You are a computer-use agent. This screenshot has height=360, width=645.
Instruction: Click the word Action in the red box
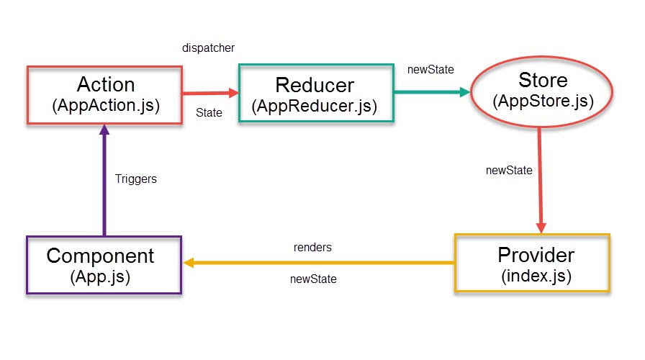click(x=105, y=85)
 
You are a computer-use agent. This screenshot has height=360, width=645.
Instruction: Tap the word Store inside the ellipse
click(x=542, y=79)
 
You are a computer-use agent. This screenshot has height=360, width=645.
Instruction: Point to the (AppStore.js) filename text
click(x=542, y=101)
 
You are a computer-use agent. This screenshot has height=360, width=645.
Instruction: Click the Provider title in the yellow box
click(x=536, y=255)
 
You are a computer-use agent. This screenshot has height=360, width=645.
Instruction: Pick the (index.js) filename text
click(x=536, y=276)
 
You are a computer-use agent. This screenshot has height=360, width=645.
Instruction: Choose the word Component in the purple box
click(x=100, y=256)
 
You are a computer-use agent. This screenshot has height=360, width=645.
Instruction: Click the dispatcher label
click(x=209, y=48)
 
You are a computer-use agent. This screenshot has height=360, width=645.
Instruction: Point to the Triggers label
click(x=135, y=179)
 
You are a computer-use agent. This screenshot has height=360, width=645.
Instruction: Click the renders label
click(x=312, y=247)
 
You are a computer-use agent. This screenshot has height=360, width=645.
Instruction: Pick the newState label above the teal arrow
click(x=430, y=70)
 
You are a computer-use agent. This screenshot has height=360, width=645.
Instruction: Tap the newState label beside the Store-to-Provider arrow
click(x=509, y=171)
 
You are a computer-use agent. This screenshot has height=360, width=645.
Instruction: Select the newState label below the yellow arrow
click(x=312, y=279)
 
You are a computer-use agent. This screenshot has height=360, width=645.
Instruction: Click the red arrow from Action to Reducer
click(x=209, y=93)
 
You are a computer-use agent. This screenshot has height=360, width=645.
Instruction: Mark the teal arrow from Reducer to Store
click(x=432, y=92)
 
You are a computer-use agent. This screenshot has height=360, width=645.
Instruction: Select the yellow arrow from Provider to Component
click(x=317, y=263)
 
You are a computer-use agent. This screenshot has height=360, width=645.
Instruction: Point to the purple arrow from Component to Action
click(x=104, y=180)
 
